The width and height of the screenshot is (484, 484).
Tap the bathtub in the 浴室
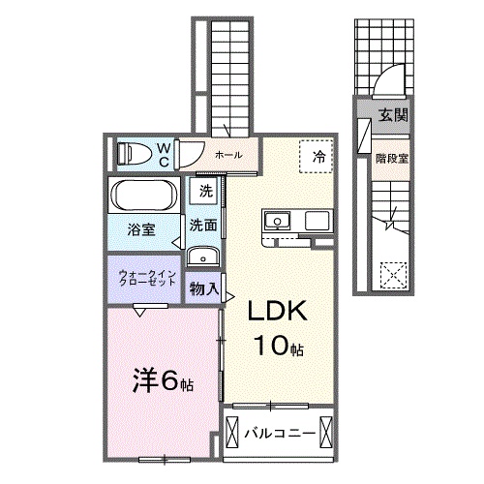click(144, 195)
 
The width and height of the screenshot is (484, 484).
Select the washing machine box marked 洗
click(203, 191)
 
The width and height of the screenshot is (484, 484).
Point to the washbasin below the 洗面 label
click(203, 257)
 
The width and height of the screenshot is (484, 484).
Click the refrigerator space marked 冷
click(317, 157)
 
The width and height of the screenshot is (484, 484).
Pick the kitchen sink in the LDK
click(278, 221)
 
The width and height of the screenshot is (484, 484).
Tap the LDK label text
click(277, 311)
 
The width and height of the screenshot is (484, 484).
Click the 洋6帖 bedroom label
click(163, 381)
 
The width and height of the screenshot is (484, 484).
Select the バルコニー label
click(280, 433)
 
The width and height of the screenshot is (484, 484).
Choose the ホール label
click(228, 155)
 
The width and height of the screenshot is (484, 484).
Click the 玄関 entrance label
click(393, 115)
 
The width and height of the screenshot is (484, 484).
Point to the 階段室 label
click(392, 159)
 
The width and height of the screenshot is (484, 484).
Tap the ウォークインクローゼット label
click(147, 279)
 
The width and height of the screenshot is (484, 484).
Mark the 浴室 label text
click(141, 229)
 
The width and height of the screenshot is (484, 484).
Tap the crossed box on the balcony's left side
click(232, 432)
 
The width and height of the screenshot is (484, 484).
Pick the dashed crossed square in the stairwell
click(393, 275)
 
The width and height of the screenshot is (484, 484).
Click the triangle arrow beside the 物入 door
click(230, 297)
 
